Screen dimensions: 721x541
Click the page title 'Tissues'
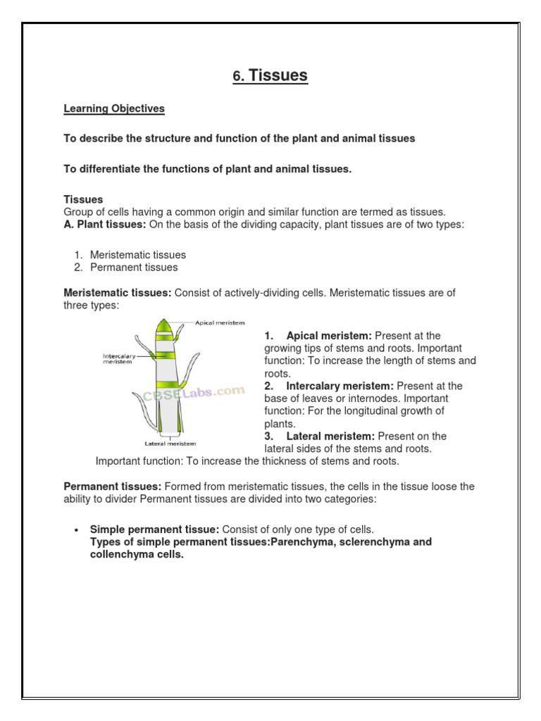(278, 75)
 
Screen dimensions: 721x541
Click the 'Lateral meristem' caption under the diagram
(170, 444)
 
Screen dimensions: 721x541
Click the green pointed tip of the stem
(164, 325)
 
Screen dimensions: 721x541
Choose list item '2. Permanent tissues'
(133, 268)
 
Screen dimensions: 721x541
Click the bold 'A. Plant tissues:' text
(104, 224)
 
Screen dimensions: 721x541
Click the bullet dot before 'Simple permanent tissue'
(76, 529)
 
